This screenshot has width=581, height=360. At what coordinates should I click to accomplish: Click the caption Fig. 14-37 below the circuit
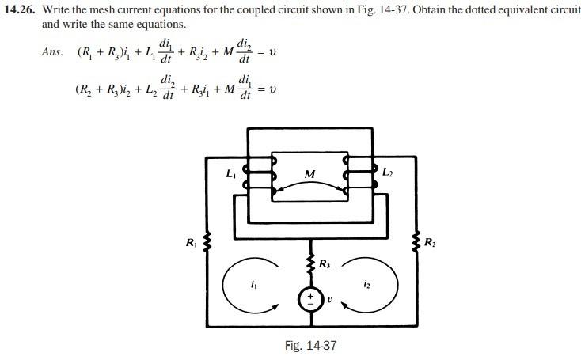[315, 346]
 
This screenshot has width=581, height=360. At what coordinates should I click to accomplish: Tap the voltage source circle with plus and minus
[309, 298]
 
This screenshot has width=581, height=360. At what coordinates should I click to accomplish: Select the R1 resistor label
[192, 243]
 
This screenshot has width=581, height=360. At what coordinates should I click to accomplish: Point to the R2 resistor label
[429, 242]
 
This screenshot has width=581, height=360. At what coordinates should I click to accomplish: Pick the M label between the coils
[309, 174]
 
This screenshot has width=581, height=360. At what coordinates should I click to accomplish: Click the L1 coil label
[232, 172]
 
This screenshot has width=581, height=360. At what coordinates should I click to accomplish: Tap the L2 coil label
[388, 172]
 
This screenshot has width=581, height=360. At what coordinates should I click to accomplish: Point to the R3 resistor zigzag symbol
[309, 263]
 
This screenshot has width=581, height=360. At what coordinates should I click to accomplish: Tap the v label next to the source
[330, 299]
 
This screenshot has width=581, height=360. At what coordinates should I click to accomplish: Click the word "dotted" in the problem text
[468, 10]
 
